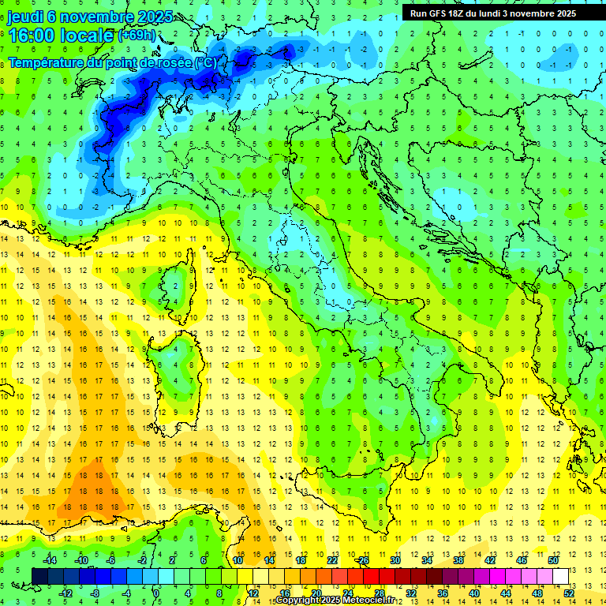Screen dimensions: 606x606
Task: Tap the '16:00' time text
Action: point(32,35)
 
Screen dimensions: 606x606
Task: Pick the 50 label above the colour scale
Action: point(553,560)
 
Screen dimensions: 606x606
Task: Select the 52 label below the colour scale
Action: point(568,593)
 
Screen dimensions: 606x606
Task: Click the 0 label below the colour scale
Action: point(156,593)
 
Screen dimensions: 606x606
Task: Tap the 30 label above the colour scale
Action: point(395,560)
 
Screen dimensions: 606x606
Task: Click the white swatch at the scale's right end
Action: point(560,576)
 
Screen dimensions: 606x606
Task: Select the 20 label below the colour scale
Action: point(316,593)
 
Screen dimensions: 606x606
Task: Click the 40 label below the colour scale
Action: point(473,593)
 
